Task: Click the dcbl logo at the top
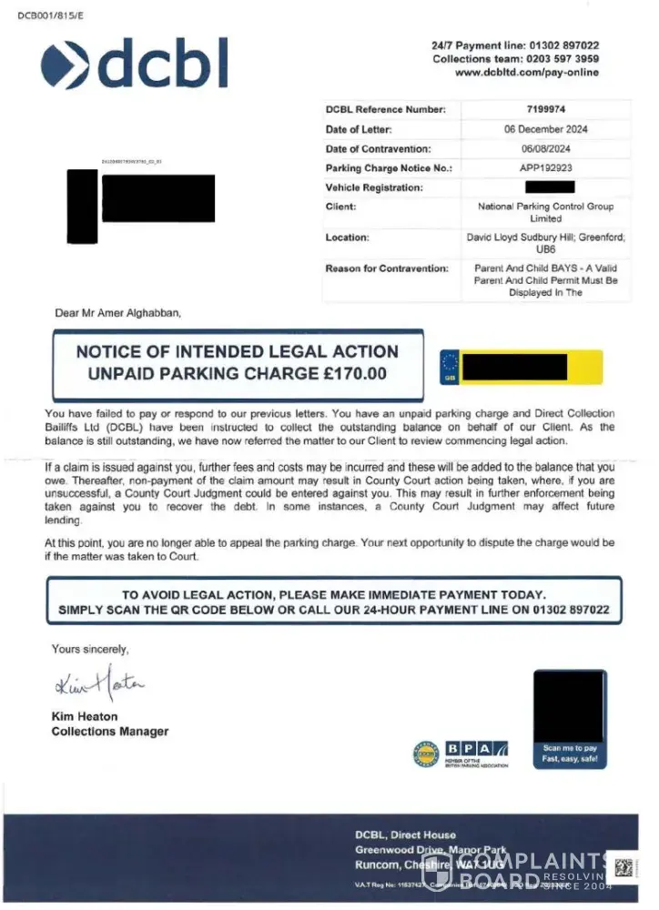point(134,64)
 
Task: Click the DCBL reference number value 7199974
point(545,109)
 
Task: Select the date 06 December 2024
point(545,129)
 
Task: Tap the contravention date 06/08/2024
point(545,148)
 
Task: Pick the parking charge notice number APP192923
point(545,168)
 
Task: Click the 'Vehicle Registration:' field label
point(374,187)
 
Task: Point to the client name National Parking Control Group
point(545,207)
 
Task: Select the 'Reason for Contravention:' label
point(387,268)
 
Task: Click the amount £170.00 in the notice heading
point(350,373)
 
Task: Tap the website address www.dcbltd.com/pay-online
point(526,73)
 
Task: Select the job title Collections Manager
point(109,731)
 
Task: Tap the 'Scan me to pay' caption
point(570,748)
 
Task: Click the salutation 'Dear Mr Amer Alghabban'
point(118,313)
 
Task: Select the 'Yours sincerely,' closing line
point(90,649)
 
